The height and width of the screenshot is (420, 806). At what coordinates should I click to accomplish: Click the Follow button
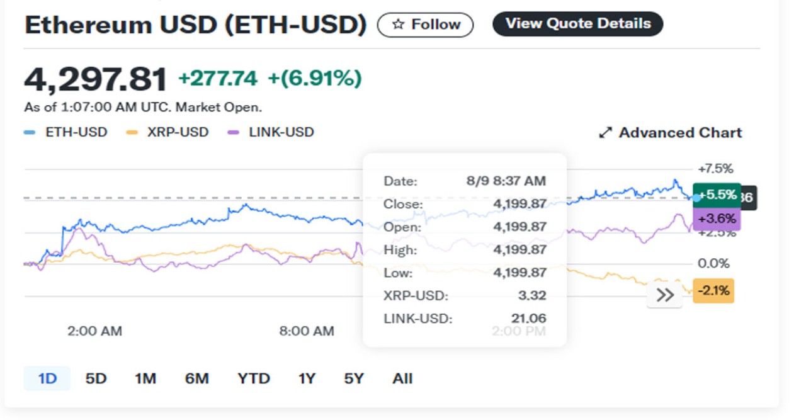[x=425, y=25]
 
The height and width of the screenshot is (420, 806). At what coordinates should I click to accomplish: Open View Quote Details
[x=577, y=24]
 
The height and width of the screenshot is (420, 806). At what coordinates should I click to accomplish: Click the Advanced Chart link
[x=670, y=133]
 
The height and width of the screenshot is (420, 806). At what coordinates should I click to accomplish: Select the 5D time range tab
[x=96, y=378]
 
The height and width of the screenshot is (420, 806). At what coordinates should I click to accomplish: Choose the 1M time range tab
[x=145, y=378]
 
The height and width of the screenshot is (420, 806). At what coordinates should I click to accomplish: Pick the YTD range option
[x=254, y=378]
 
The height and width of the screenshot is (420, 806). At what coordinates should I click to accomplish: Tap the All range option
[x=402, y=378]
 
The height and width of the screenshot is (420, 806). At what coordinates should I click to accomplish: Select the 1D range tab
[x=47, y=378]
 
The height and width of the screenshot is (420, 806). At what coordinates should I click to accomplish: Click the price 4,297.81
[x=96, y=79]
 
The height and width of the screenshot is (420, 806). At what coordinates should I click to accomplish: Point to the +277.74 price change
[x=218, y=79]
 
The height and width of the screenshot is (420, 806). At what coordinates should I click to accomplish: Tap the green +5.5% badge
[x=717, y=195]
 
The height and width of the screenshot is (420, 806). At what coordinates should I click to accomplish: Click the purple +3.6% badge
[x=717, y=219]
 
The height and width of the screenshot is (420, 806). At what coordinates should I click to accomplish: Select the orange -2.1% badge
[x=713, y=291]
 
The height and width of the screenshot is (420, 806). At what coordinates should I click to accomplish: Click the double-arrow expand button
[x=665, y=295]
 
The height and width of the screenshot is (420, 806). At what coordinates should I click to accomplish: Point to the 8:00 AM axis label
[x=307, y=331]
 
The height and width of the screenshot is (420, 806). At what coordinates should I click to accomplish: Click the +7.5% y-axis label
[x=715, y=169]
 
